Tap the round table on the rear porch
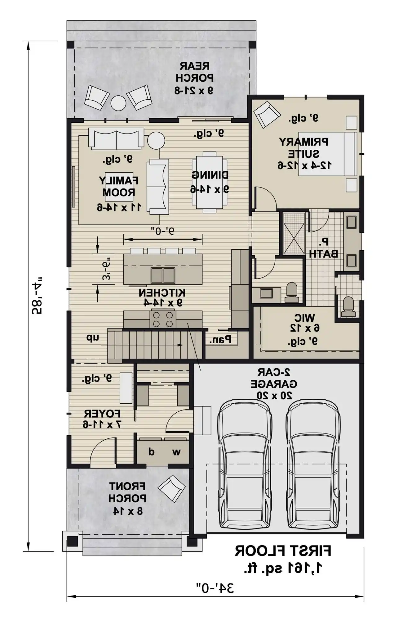pos(118,103)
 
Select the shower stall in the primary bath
pos(292,233)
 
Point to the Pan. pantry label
pos(220,340)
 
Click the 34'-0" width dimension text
pos(215,588)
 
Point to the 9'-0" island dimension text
pos(163,231)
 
